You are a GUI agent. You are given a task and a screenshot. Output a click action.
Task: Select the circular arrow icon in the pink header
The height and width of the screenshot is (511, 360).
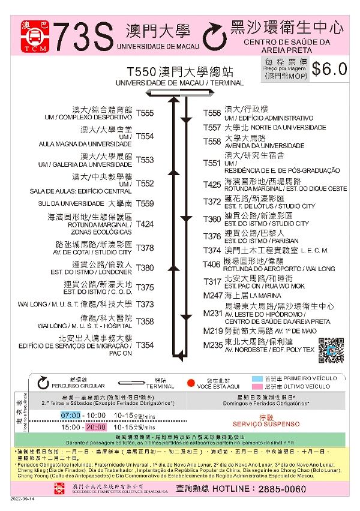pyautogui.click(x=214, y=37)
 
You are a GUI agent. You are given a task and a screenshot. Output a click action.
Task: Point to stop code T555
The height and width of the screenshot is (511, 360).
pyautogui.click(x=145, y=113)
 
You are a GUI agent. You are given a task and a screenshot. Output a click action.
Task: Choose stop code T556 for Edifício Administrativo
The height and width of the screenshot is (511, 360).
pyautogui.click(x=212, y=113)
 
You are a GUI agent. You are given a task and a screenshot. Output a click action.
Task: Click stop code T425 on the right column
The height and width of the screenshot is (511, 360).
pyautogui.click(x=212, y=185)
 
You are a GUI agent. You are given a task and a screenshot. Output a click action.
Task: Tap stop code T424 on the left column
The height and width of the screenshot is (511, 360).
pyautogui.click(x=145, y=224)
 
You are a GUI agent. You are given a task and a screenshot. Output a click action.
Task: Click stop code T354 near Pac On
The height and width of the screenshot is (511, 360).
pyautogui.click(x=145, y=345)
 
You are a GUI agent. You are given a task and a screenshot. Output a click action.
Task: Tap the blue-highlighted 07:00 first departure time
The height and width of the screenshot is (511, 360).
pyautogui.click(x=71, y=415)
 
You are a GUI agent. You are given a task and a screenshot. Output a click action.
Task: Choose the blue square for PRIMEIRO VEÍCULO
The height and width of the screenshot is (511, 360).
pyautogui.click(x=256, y=379)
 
